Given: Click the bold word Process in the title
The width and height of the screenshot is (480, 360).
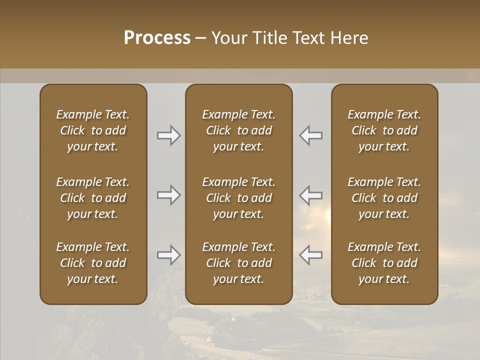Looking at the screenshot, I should coord(157,38).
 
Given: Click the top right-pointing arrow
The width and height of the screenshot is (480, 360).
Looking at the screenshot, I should coord(169,135).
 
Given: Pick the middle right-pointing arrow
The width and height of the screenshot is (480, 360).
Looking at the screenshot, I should coord(169,195).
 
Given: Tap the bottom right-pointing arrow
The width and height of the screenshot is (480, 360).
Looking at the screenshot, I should coord(169,255).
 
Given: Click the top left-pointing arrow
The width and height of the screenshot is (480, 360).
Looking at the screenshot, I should coord(310,135).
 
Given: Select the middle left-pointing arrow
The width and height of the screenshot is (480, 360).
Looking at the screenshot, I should coord(310,195).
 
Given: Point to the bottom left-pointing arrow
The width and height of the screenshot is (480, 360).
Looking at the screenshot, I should coord(310,255).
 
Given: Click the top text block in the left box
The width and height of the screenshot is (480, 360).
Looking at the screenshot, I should coord(93,130).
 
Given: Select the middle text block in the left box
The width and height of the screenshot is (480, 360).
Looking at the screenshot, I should coord(93,198).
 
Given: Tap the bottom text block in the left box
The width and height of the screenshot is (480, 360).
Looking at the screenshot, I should coord(93,263).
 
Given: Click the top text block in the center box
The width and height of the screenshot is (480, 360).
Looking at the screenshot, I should coord(238,130).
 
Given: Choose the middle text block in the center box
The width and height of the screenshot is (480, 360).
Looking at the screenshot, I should coord(238,198).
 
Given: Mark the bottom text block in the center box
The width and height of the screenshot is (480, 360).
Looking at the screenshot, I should coord(238,263).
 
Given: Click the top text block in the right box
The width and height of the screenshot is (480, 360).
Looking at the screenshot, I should coord(384,130).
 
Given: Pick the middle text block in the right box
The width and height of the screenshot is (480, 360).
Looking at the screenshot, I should coord(384,198).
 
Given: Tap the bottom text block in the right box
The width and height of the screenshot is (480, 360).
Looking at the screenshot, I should coord(384,263).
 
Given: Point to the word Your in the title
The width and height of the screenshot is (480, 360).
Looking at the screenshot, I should coord(228,38).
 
